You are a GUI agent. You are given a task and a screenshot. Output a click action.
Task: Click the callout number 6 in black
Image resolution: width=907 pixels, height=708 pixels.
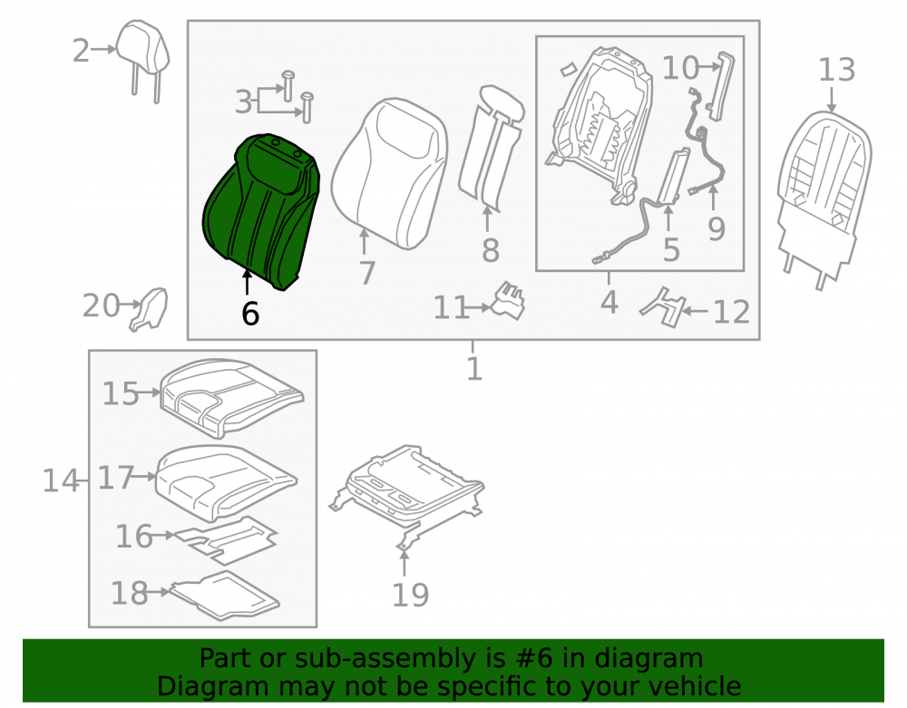[x=250, y=314]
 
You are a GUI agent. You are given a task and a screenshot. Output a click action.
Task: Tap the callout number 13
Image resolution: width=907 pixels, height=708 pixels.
[x=836, y=70]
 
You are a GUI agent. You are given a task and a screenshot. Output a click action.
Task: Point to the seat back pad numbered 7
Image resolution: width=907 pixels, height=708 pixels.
[x=390, y=172]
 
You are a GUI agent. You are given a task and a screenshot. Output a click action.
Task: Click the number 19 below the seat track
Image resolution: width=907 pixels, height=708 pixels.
[x=411, y=595]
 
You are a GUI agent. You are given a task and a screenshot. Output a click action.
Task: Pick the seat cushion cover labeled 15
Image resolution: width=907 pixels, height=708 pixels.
[x=231, y=397]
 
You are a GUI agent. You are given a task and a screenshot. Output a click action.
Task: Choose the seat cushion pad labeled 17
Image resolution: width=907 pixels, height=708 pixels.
[x=226, y=482]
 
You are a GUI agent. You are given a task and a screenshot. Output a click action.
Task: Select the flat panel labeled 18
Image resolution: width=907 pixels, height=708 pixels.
[x=226, y=596]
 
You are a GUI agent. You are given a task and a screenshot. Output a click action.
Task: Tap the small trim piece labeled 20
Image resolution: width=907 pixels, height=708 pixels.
[x=150, y=309]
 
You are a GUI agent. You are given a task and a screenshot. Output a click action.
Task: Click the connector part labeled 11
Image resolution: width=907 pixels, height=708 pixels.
[x=508, y=301]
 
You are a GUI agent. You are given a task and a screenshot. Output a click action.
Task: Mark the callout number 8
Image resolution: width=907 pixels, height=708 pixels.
[x=491, y=251]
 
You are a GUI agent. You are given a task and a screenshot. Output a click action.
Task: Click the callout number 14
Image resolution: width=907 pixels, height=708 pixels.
[x=61, y=480]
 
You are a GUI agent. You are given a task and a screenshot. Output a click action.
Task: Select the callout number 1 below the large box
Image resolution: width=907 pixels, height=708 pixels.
[x=474, y=369]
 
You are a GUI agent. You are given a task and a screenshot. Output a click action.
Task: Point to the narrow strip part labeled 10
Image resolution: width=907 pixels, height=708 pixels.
[x=720, y=87]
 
